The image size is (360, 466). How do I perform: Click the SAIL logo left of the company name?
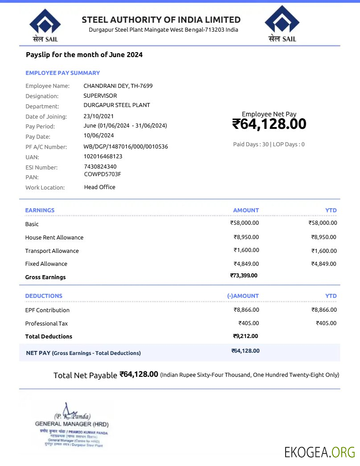[x=45, y=26]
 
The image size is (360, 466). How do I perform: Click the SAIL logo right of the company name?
[x=282, y=25]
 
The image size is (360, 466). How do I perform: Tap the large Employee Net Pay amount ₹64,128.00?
[x=269, y=124]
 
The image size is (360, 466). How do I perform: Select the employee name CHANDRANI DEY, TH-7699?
[x=118, y=86]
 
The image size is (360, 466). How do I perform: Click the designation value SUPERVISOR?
[x=100, y=95]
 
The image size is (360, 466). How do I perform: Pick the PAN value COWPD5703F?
[x=102, y=174]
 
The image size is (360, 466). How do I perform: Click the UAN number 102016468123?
[x=102, y=157]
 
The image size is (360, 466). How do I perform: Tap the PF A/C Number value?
[x=126, y=146]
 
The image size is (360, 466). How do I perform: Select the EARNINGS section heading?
[x=40, y=210]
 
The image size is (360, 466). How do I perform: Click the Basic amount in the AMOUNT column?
[x=244, y=223]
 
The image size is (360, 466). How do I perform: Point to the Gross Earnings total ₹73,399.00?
[x=244, y=276]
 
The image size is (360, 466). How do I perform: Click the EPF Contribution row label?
[x=47, y=310]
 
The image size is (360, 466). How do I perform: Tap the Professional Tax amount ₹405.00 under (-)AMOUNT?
[x=249, y=323]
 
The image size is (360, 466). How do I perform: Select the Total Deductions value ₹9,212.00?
[x=245, y=336]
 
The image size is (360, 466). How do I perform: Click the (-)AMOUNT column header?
[x=242, y=296]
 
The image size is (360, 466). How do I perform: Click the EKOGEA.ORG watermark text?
[x=319, y=452]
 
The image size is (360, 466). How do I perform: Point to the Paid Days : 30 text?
[x=250, y=144]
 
